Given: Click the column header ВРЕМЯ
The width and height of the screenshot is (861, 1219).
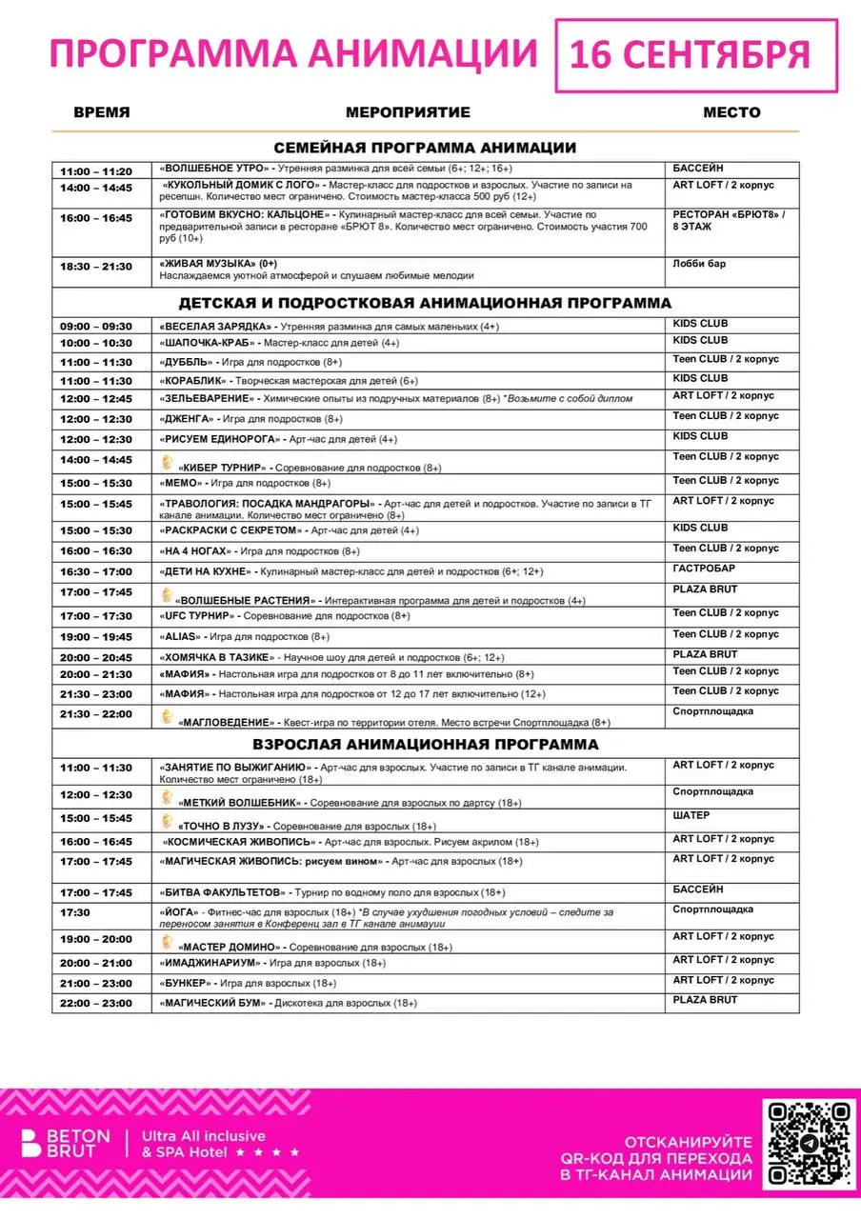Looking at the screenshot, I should tap(102, 112).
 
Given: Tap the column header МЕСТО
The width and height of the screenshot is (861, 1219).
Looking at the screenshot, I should tap(731, 112).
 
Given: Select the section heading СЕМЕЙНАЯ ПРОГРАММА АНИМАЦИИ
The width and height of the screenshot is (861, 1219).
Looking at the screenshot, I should tap(425, 148).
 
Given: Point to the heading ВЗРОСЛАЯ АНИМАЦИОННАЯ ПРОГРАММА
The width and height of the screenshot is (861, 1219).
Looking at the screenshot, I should tap(425, 744).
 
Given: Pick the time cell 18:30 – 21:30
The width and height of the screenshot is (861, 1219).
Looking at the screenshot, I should tap(96, 267).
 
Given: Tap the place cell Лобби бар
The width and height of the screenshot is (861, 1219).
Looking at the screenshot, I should tap(699, 264).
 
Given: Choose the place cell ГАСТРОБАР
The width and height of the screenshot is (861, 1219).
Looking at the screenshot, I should tap(704, 569).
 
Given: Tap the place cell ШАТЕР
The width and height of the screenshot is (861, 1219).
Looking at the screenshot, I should tap(691, 816).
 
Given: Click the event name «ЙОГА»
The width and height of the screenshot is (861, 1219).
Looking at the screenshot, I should tap(178, 912).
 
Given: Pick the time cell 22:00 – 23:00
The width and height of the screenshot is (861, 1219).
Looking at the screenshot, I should tap(96, 1003).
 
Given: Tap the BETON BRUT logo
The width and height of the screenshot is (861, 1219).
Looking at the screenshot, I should tap(66, 1144).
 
